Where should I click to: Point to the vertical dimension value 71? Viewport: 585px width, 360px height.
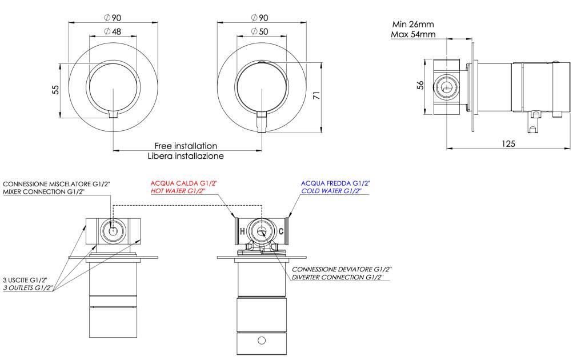pyautogui.click(x=314, y=95)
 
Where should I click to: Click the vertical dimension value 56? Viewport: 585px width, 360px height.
pyautogui.click(x=420, y=85)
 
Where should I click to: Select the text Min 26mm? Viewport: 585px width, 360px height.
pyautogui.click(x=413, y=25)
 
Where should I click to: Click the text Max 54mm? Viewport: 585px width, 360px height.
pyautogui.click(x=413, y=34)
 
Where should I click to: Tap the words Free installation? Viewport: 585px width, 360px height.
pyautogui.click(x=186, y=146)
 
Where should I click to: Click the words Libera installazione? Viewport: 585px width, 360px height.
pyautogui.click(x=186, y=155)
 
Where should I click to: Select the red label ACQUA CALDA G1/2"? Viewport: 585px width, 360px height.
pyautogui.click(x=184, y=183)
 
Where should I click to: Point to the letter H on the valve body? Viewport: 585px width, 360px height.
pyautogui.click(x=242, y=231)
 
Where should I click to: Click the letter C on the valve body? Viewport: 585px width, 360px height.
pyautogui.click(x=281, y=231)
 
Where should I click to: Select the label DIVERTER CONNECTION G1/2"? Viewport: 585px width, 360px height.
pyautogui.click(x=337, y=277)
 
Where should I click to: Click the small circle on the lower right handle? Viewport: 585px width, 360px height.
pyautogui.click(x=262, y=341)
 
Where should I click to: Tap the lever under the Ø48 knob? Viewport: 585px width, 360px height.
pyautogui.click(x=113, y=112)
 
